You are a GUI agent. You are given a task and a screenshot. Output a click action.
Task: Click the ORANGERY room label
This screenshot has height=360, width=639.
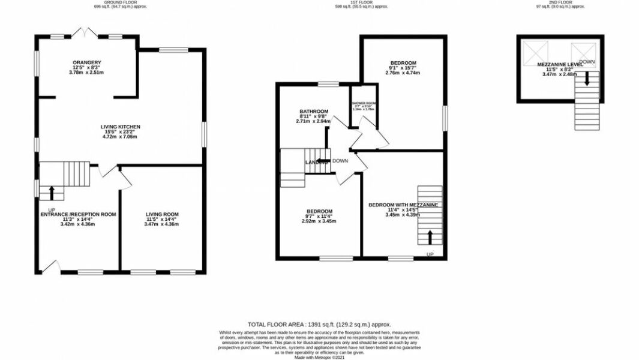point(87,62)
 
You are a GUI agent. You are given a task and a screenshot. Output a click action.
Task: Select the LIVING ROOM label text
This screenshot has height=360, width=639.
point(162,214)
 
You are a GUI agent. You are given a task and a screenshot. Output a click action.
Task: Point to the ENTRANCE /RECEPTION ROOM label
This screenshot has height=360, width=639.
point(78,214)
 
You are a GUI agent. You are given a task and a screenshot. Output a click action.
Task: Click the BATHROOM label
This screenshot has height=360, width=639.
point(314,112)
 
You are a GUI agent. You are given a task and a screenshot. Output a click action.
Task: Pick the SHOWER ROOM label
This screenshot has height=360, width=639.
point(363,104)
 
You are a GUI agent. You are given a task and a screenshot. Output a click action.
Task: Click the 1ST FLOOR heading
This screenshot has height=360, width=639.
point(362,3)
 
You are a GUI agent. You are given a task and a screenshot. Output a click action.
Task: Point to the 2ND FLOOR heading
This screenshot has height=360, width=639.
point(559,3)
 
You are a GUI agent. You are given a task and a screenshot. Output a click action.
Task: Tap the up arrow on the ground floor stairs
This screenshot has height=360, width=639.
point(51,193)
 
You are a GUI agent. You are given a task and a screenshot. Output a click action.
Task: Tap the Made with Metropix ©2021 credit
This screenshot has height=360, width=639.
point(319,358)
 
